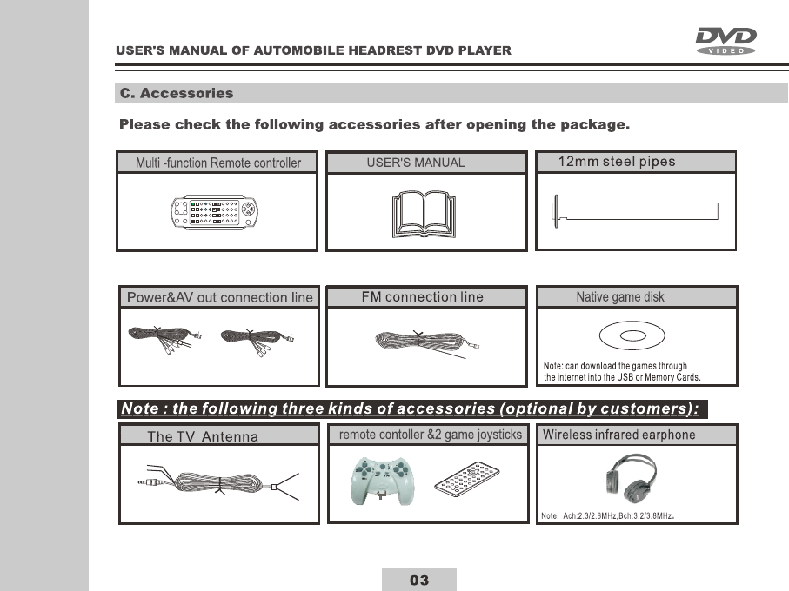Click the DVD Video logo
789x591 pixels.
(x=725, y=41)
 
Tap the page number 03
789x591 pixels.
(x=419, y=580)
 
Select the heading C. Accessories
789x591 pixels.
(x=177, y=94)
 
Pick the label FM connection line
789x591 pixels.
(x=422, y=297)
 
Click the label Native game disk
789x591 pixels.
(x=620, y=297)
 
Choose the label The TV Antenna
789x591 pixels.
(x=203, y=436)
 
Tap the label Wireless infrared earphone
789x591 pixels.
(x=618, y=435)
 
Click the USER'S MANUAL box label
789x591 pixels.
(x=416, y=163)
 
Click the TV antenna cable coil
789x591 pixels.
(x=221, y=485)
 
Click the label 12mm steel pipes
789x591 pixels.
(x=616, y=162)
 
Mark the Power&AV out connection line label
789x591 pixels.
(x=219, y=297)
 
